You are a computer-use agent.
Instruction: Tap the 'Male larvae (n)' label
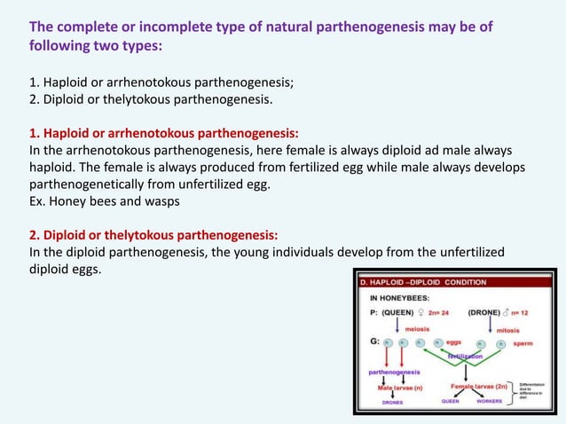point(401,387)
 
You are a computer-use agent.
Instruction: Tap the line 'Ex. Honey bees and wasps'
point(104,200)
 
